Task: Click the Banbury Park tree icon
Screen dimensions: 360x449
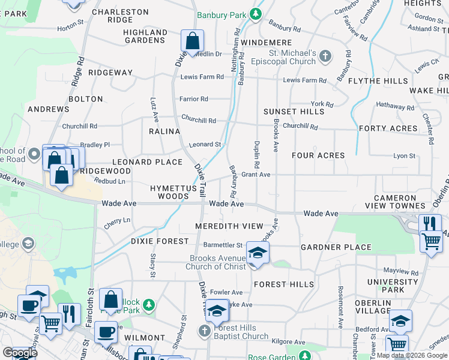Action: [x=256, y=13]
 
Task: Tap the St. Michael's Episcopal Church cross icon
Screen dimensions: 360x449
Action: [x=325, y=57]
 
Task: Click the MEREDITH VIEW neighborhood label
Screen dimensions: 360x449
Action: [x=229, y=226]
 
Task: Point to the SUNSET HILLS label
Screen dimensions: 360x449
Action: [x=294, y=112]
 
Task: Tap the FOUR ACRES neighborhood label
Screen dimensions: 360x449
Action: [x=318, y=155]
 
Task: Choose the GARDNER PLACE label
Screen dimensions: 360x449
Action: [x=336, y=247]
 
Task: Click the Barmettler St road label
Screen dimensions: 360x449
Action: [x=222, y=245]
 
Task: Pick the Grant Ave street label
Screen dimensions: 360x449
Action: [x=256, y=175]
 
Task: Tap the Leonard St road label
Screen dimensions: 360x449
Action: [x=205, y=145]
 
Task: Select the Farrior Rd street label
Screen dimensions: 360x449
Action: [x=194, y=99]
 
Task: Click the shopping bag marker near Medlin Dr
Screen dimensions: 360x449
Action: [x=192, y=42]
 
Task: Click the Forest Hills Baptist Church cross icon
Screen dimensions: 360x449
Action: [x=205, y=331]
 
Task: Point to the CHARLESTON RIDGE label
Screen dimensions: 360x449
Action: [x=120, y=16]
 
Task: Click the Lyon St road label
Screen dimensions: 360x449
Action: [x=404, y=156]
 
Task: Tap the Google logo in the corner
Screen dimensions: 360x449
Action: [x=20, y=353]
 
